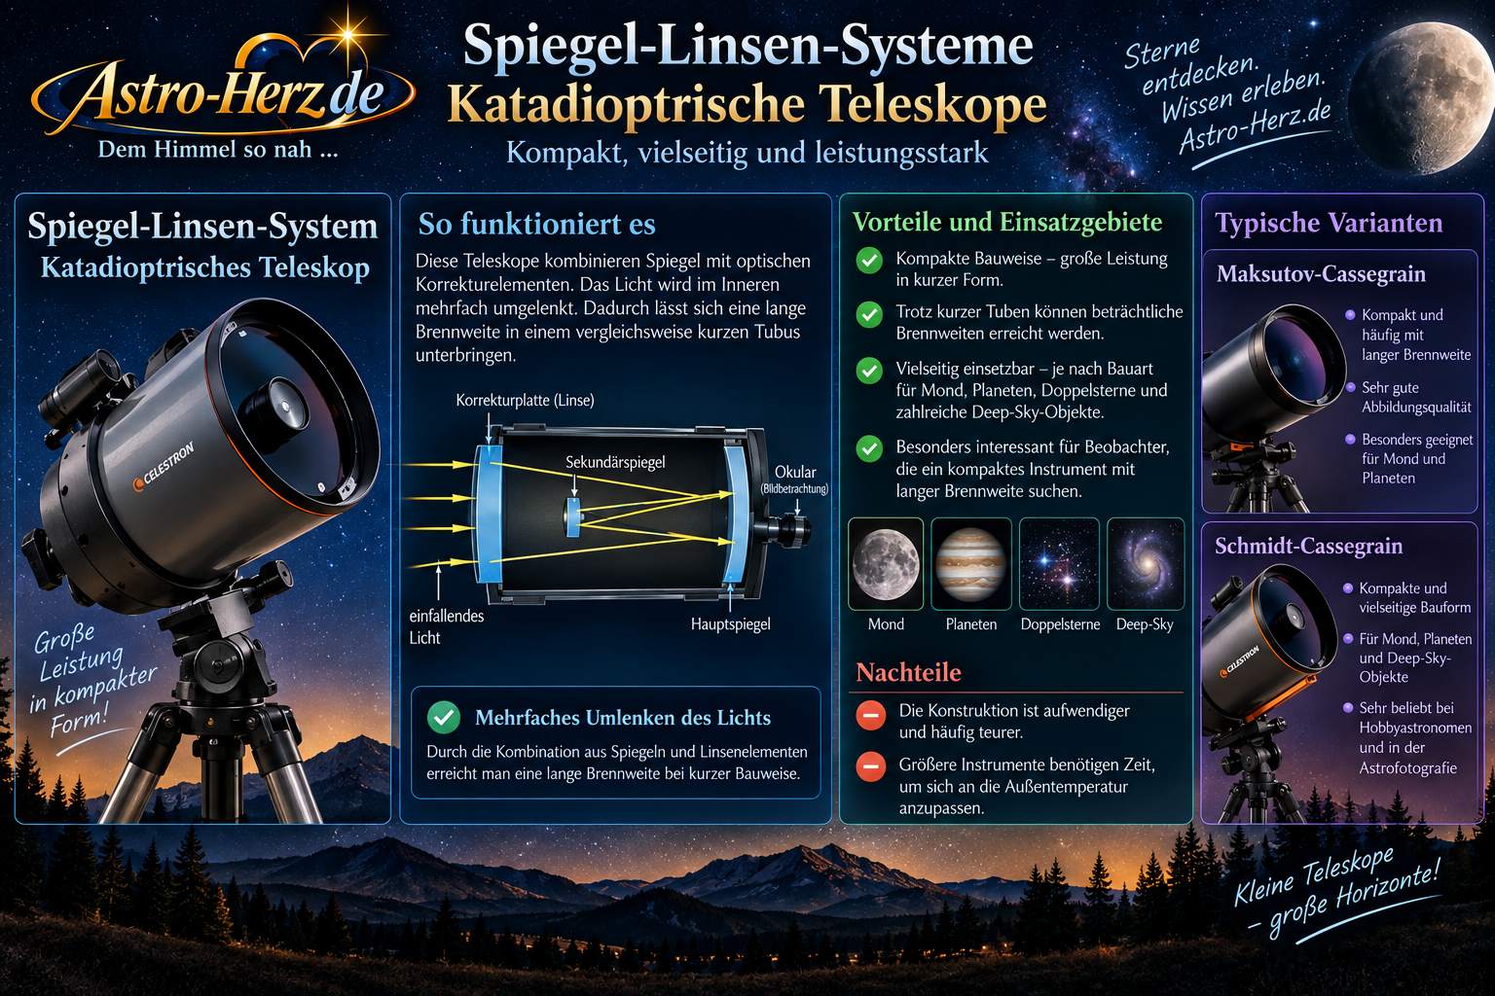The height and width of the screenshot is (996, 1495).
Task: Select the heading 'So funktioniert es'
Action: (x=536, y=224)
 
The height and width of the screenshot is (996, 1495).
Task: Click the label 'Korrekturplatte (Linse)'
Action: (x=525, y=400)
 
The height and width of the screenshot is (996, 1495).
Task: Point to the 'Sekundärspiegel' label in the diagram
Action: (x=615, y=462)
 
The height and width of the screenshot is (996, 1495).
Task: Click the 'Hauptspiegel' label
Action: (x=730, y=623)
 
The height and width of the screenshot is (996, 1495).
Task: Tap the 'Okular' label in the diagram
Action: (x=795, y=472)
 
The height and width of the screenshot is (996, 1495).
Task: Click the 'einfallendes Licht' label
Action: (x=447, y=626)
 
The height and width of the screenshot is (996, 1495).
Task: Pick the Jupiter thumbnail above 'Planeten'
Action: (x=971, y=564)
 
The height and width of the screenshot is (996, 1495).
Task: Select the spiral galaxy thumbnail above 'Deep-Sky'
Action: (x=1146, y=564)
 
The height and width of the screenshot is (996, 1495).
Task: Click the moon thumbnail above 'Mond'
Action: (x=886, y=564)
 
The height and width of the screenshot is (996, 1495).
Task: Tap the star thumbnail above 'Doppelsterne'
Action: (x=1059, y=564)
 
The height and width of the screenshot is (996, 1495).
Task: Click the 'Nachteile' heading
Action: (x=908, y=672)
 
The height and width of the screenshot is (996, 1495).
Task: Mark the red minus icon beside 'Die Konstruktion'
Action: (x=870, y=715)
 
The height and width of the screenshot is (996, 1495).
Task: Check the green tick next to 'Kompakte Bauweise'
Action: (x=869, y=260)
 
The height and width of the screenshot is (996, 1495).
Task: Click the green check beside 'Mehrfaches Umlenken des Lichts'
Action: (x=443, y=717)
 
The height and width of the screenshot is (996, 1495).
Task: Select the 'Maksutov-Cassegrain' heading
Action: (x=1321, y=273)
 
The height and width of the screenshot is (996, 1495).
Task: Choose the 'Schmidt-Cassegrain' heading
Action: (x=1308, y=546)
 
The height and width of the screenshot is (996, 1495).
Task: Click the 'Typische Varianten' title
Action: (x=1329, y=222)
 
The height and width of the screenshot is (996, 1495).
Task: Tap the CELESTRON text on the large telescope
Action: (x=164, y=465)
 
